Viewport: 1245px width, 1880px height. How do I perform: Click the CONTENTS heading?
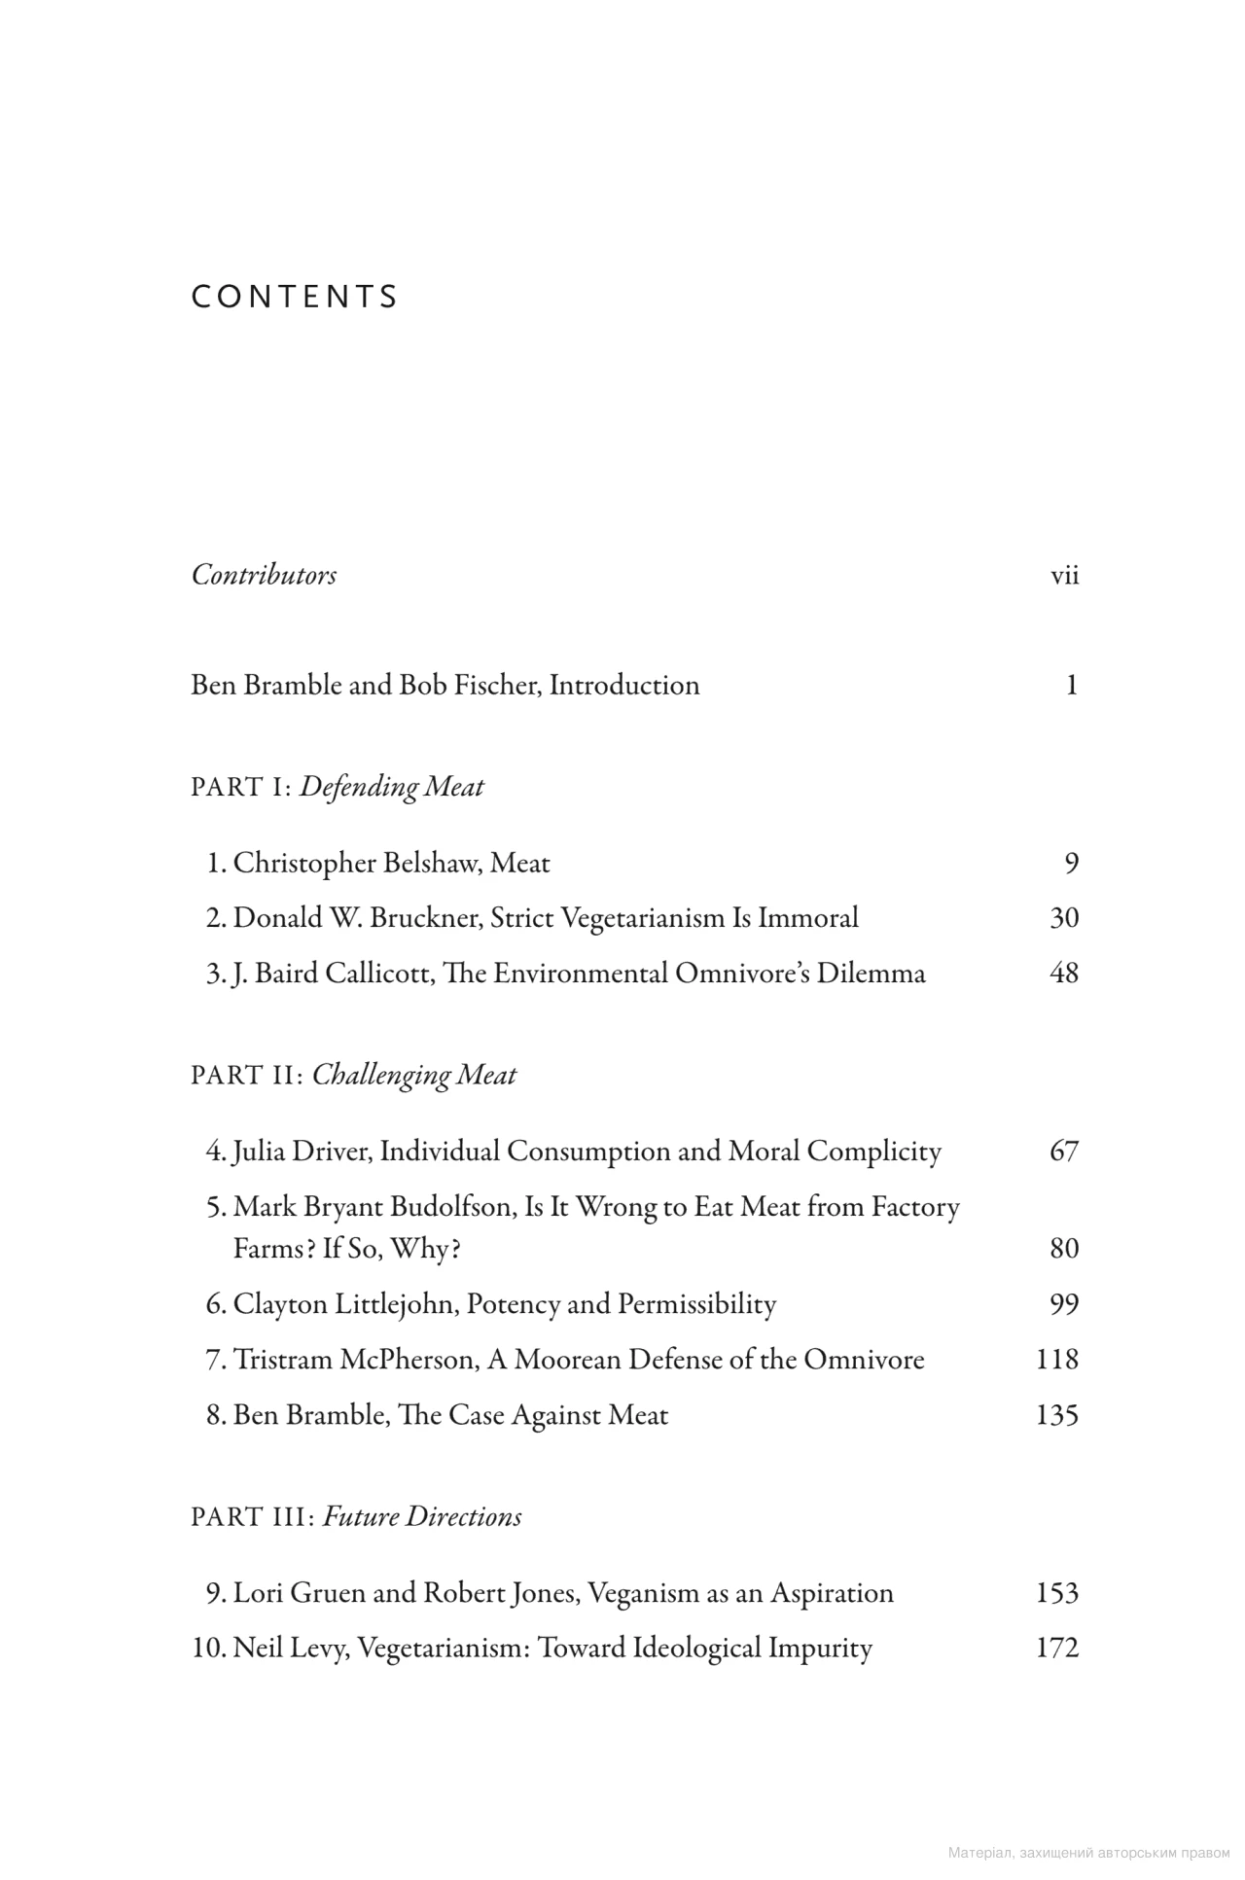295,297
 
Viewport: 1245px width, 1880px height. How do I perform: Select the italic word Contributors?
264,575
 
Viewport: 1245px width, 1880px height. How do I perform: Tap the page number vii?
1064,576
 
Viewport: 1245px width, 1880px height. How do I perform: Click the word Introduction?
624,686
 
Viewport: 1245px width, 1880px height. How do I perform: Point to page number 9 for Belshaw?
1071,864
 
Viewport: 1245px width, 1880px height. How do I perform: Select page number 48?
1064,974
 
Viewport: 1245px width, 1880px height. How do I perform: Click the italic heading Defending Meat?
391,787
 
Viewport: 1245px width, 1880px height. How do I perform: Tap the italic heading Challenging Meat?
413,1076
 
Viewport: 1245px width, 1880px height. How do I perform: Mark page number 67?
1064,1152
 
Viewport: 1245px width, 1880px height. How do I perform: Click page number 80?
1064,1249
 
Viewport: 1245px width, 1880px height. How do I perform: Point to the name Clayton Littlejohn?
344,1304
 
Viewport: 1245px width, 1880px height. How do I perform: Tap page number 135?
1057,1415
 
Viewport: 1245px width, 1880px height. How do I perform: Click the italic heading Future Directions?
421,1517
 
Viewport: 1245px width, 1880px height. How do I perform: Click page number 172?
1057,1649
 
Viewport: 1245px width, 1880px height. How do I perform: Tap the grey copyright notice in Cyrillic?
1088,1853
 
